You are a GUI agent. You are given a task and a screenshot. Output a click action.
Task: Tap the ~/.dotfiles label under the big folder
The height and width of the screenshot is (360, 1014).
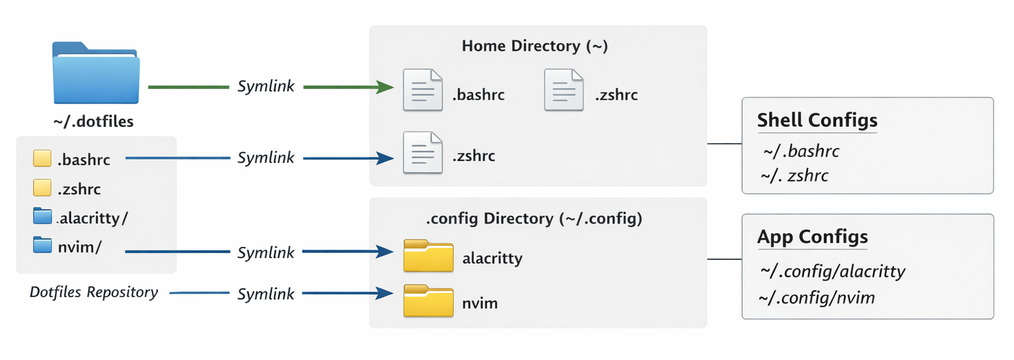(93, 122)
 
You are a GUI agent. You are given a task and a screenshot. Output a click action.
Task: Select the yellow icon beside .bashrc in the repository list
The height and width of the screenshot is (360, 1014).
(42, 160)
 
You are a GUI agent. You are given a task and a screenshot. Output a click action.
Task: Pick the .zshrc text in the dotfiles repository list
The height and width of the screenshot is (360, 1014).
(80, 189)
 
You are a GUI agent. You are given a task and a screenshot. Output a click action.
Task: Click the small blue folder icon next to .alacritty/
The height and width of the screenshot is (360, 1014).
(42, 216)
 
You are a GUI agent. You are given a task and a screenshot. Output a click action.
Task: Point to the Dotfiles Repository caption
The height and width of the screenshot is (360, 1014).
(94, 292)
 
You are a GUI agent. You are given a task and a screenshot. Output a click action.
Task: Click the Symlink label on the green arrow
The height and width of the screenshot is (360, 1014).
(266, 87)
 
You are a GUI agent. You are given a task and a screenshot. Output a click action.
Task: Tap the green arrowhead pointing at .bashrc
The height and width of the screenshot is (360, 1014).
(385, 87)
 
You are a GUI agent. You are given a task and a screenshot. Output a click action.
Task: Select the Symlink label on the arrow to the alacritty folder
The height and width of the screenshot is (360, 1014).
(266, 252)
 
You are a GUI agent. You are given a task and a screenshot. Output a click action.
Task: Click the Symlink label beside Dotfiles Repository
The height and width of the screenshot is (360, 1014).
(266, 294)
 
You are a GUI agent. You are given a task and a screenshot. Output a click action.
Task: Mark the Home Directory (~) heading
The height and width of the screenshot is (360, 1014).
(534, 46)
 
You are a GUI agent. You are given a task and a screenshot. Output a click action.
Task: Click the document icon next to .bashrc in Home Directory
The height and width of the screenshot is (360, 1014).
(422, 90)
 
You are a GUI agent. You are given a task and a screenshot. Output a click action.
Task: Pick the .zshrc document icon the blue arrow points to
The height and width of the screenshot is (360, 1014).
(422, 153)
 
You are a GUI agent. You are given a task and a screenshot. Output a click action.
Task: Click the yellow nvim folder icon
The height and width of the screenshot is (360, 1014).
(428, 301)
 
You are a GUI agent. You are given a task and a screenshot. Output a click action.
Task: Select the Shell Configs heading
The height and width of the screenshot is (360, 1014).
(817, 120)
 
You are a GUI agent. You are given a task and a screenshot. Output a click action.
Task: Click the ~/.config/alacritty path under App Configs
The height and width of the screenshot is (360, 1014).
(832, 271)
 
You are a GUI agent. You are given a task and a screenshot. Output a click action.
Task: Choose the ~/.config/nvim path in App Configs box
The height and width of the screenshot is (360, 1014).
(817, 298)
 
